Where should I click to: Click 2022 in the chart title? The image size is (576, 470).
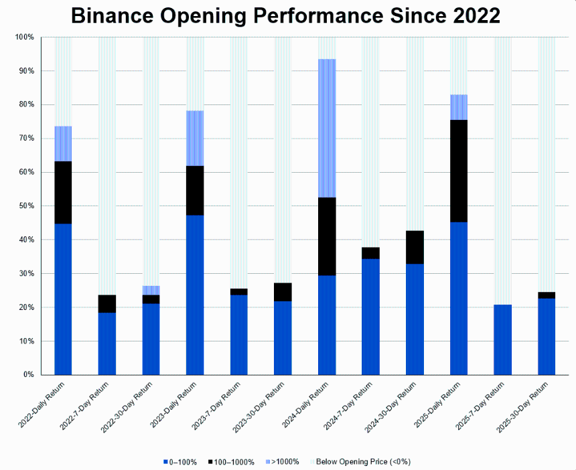click(472, 16)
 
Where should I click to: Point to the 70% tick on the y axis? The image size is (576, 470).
click(25, 139)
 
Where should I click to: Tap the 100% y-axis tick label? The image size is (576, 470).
click(24, 37)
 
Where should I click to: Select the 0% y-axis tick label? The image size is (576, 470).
click(29, 375)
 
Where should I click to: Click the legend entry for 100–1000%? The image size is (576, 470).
click(232, 462)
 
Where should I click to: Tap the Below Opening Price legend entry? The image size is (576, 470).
click(362, 462)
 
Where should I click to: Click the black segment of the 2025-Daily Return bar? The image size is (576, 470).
click(459, 171)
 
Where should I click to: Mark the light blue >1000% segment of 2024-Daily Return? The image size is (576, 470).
click(327, 128)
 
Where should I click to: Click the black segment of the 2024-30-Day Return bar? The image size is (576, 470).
click(415, 247)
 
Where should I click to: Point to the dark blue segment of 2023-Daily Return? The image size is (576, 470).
click(195, 295)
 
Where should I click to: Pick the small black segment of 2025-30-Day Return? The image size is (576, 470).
click(547, 295)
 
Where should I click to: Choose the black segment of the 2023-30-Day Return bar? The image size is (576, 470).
click(283, 292)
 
